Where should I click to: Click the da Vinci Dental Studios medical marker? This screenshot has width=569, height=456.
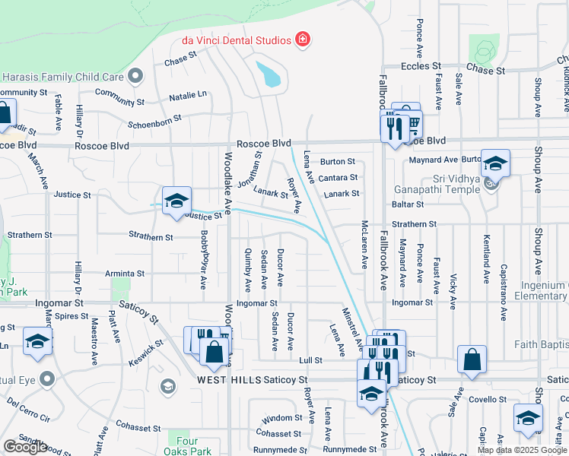[304, 40]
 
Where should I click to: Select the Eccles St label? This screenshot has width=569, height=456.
[421, 67]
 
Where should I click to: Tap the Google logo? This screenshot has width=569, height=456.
[26, 447]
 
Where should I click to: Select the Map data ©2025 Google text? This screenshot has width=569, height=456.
[522, 450]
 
